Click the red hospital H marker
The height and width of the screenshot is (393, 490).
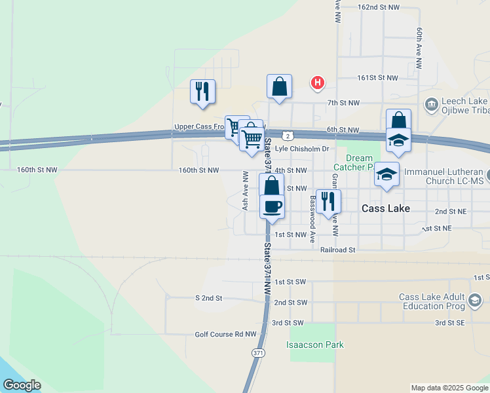(318, 83)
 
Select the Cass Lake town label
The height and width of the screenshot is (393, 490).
(386, 208)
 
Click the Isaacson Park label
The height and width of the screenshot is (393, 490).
(314, 345)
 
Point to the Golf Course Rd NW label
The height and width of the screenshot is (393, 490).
(225, 334)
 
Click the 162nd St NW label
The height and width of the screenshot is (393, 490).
(378, 7)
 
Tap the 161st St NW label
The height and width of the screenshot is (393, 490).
(377, 77)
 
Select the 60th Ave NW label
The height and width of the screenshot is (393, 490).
(419, 48)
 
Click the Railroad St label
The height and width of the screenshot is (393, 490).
(337, 250)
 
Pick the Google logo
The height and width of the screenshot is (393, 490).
(21, 385)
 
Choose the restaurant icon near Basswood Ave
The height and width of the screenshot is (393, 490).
(328, 200)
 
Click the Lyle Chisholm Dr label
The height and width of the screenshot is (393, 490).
(301, 149)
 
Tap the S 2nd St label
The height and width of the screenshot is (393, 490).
(209, 297)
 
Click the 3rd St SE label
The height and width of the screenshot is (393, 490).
(449, 323)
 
